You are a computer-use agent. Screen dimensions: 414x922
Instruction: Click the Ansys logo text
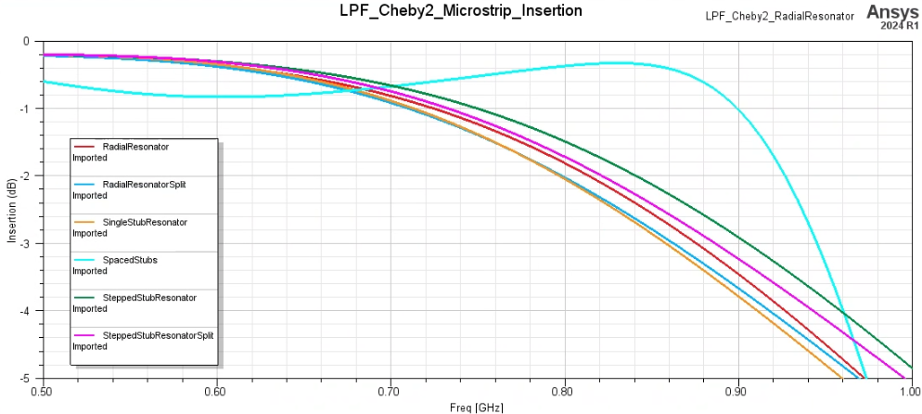click(x=892, y=11)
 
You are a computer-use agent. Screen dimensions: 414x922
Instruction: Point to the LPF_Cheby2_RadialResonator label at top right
click(x=779, y=17)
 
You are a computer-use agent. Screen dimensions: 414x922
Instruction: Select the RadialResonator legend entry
click(x=135, y=147)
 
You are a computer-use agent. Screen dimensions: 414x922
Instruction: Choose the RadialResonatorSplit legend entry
click(x=144, y=185)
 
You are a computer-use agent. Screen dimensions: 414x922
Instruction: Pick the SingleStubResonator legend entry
click(x=145, y=223)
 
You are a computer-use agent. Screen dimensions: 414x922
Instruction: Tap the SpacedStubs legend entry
click(x=130, y=260)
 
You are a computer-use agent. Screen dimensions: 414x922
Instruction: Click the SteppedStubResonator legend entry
click(x=149, y=298)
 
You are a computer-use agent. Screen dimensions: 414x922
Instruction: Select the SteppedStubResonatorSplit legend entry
click(x=159, y=335)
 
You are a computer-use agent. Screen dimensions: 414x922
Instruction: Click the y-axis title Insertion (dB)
click(x=12, y=211)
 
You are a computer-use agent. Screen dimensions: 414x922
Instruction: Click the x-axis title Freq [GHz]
click(x=477, y=407)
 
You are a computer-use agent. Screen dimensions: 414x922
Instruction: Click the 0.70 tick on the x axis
click(x=391, y=392)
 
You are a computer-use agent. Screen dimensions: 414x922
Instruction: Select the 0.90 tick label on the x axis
click(x=738, y=392)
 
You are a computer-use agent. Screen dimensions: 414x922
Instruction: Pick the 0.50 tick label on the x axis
click(x=43, y=392)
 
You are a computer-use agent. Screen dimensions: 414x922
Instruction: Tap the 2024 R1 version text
click(x=899, y=26)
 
